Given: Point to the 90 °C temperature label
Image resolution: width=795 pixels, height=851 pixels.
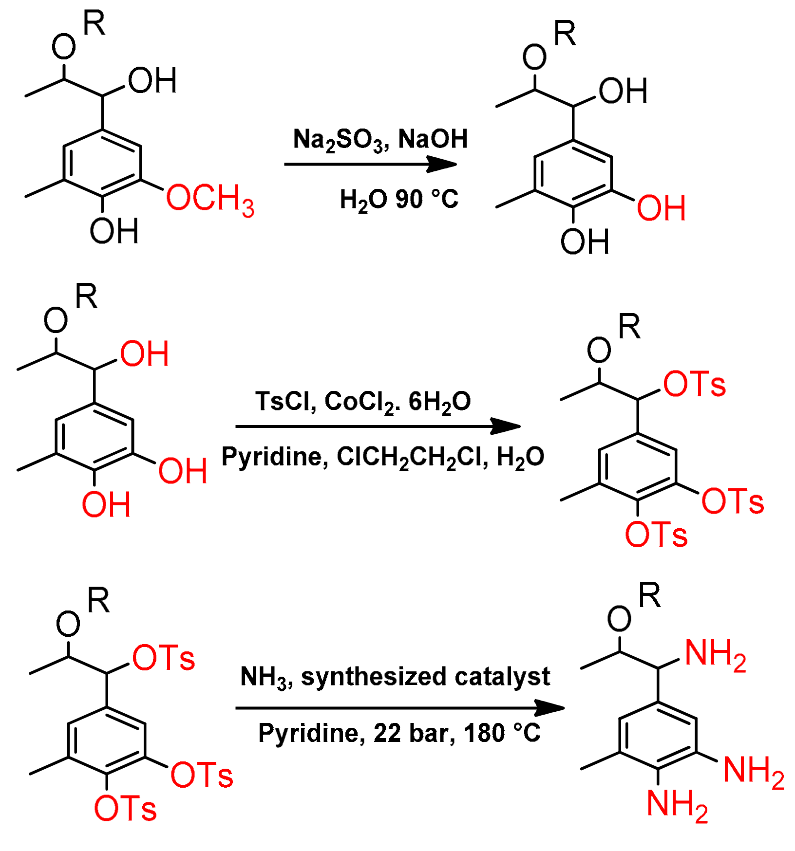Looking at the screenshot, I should (x=427, y=199).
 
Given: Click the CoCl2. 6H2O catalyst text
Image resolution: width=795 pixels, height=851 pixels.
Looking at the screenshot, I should (x=397, y=403).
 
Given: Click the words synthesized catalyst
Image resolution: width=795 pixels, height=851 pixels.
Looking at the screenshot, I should (x=425, y=677).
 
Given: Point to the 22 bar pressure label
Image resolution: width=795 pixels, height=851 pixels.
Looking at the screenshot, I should (x=414, y=733).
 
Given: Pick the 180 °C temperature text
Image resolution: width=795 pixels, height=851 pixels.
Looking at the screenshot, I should (x=502, y=733).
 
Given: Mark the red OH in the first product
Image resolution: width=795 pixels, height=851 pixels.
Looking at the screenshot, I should (x=661, y=208).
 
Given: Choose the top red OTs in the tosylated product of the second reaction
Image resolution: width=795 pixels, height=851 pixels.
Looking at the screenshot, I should (x=694, y=384).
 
